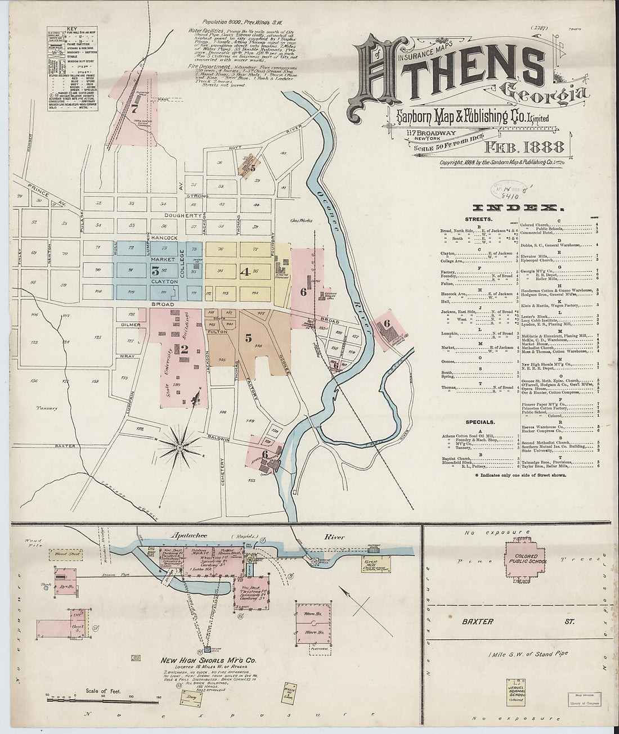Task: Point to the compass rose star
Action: pyautogui.click(x=179, y=448)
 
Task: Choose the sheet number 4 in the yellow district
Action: pyautogui.click(x=244, y=271)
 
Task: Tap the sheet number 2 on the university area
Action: pyautogui.click(x=183, y=349)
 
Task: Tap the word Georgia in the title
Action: pyautogui.click(x=526, y=91)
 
